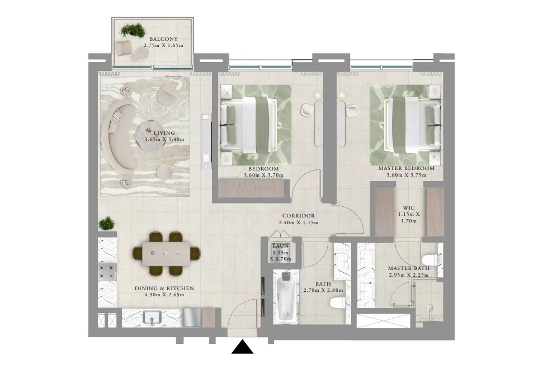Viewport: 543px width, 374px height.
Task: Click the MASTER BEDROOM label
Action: tap(406, 168)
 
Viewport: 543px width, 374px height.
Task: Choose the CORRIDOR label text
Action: tap(299, 216)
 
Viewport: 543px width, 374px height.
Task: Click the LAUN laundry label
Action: tap(280, 245)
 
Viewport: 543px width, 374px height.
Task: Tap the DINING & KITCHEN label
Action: tap(164, 288)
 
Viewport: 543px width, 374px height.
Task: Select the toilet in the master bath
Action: tap(431, 261)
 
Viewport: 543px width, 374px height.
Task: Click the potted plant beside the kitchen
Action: tap(106, 224)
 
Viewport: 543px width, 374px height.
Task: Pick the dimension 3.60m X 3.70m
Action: tap(263, 175)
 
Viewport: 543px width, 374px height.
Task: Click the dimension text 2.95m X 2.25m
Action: tap(409, 275)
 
